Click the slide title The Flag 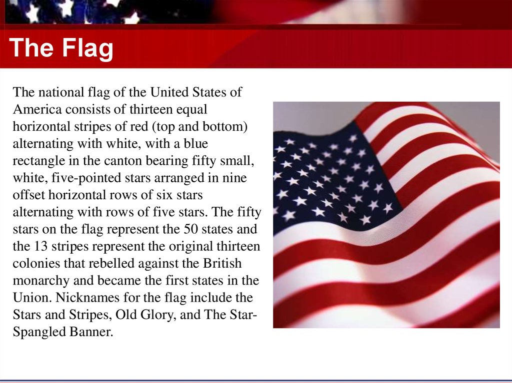61,48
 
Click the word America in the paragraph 38,109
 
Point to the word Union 30,298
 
